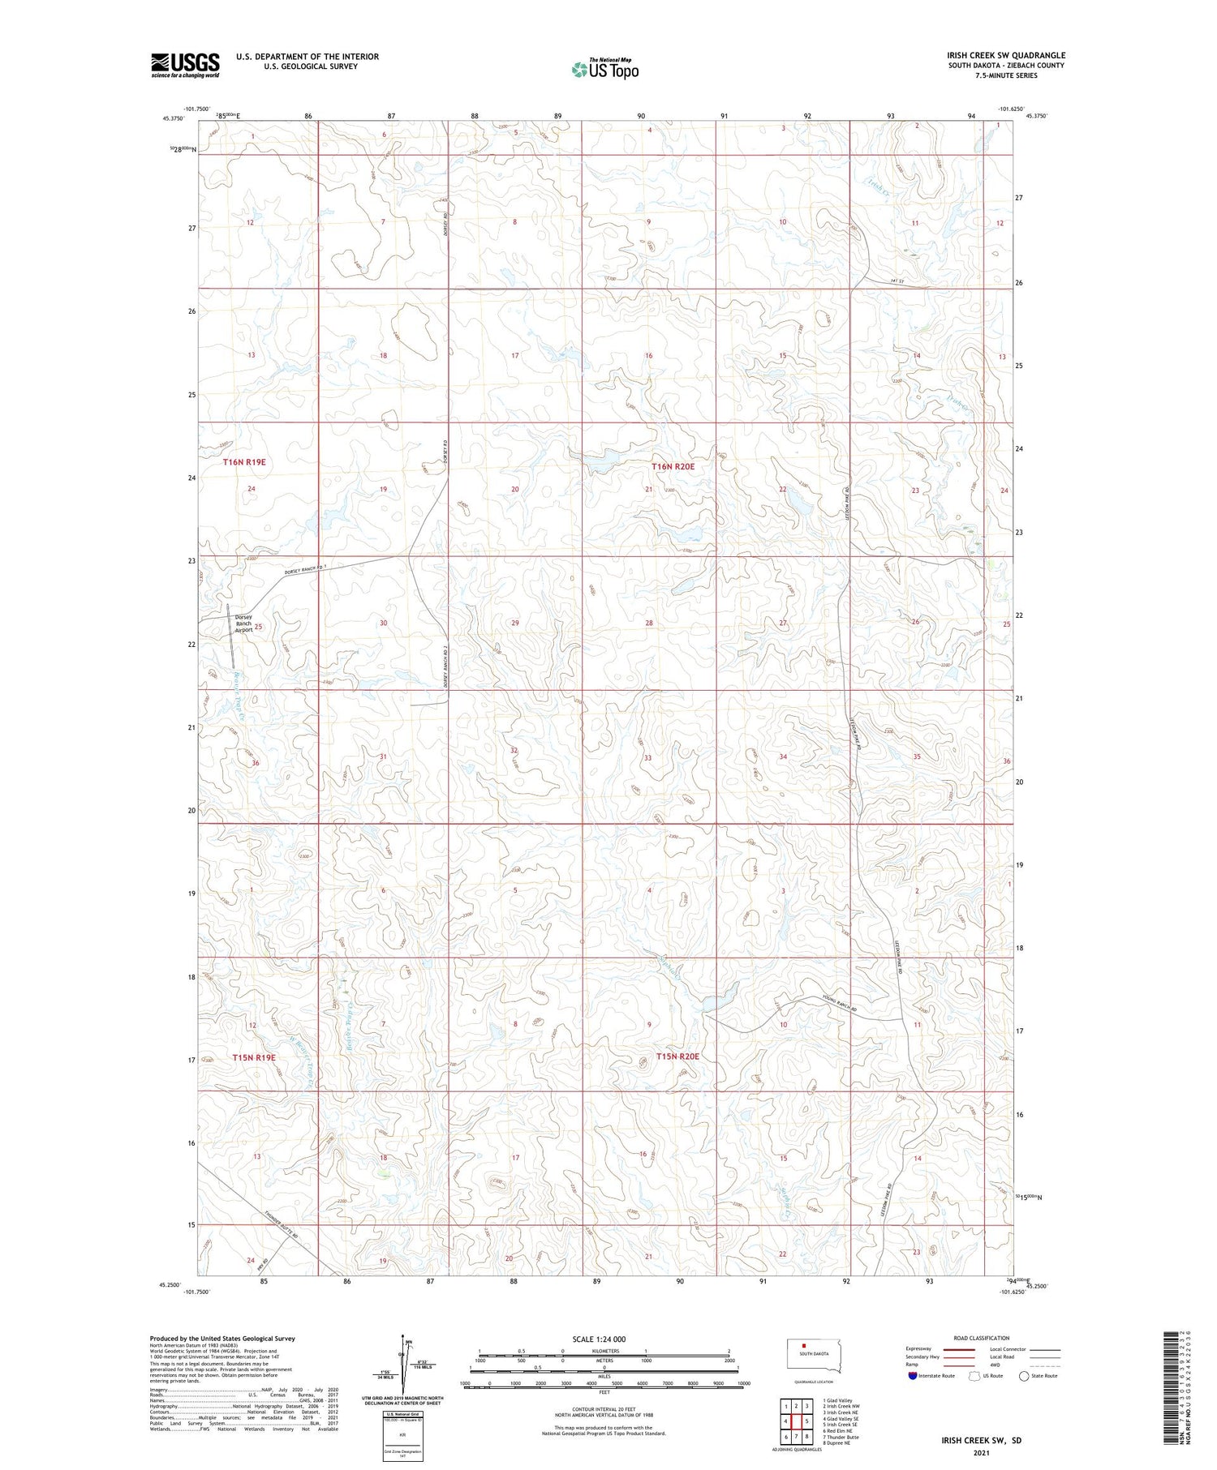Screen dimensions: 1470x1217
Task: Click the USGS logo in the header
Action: pos(185,65)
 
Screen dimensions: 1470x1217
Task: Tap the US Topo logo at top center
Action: pos(605,69)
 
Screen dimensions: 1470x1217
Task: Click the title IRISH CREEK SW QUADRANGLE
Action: pos(1005,55)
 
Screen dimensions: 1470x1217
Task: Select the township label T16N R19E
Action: pos(244,462)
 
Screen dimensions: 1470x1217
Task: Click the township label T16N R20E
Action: pos(673,467)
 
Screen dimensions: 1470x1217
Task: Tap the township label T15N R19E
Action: pos(254,1057)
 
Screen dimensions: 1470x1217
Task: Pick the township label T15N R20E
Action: pos(677,1056)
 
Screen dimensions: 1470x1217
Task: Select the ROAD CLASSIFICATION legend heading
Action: pos(982,1338)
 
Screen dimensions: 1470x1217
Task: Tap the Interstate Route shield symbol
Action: pos(914,1376)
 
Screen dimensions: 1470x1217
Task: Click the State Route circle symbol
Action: pos(1025,1376)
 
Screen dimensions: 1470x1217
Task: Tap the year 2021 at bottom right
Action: pos(981,1453)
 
